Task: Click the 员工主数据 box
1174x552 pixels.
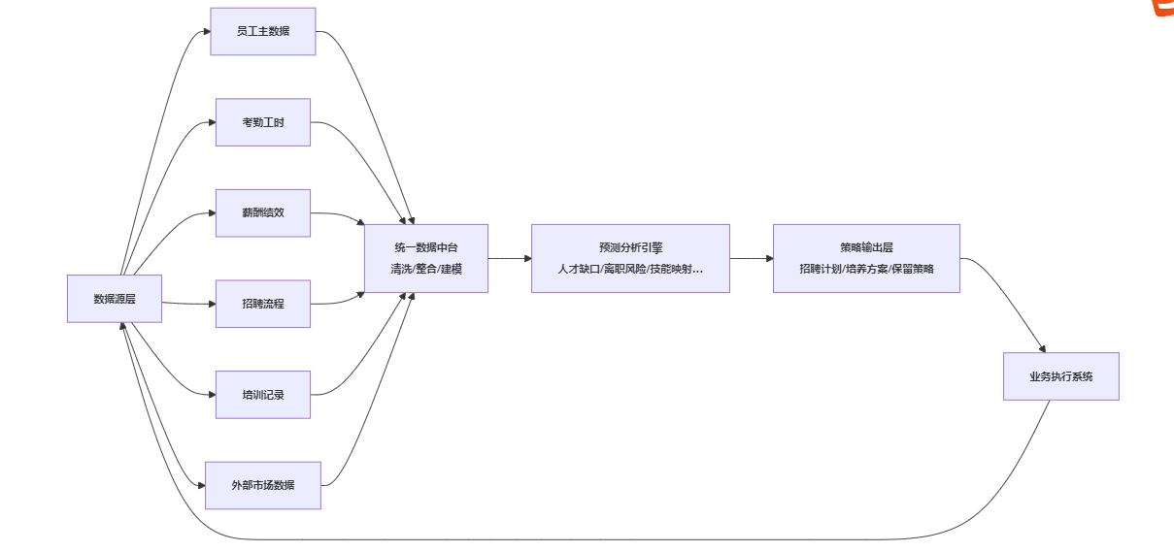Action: click(x=262, y=31)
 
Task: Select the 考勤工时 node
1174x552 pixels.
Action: click(x=262, y=122)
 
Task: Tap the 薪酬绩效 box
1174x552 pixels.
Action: click(x=262, y=213)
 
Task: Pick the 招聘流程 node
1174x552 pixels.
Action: click(x=262, y=304)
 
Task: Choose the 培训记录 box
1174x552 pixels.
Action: click(x=262, y=395)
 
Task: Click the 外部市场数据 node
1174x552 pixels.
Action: click(x=262, y=485)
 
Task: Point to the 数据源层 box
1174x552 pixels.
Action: click(x=114, y=299)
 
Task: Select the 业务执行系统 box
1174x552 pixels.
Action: click(x=1060, y=376)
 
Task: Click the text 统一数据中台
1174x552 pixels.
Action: click(x=425, y=247)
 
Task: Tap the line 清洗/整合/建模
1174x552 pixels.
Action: click(x=425, y=269)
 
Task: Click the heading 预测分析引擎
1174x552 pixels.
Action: click(x=630, y=247)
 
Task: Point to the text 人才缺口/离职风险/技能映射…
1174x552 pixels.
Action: click(x=630, y=269)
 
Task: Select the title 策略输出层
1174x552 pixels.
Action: click(x=866, y=247)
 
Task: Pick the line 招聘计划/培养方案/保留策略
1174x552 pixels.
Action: click(x=866, y=269)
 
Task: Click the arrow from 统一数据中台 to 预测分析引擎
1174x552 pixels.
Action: click(x=509, y=259)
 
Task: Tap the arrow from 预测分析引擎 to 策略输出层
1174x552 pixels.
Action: click(x=751, y=259)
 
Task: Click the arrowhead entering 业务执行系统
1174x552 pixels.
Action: click(x=1042, y=348)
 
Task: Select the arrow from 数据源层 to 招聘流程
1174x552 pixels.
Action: click(x=188, y=304)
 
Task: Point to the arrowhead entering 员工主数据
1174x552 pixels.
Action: click(x=206, y=32)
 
